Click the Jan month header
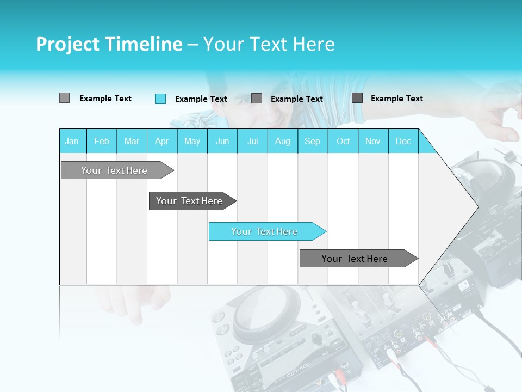[72, 141]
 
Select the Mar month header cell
[132, 141]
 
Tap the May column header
[192, 141]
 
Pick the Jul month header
[252, 141]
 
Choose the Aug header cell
[283, 141]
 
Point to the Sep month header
[313, 141]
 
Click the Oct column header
[343, 141]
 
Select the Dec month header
[403, 141]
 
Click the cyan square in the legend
[160, 99]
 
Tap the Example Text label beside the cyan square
[201, 99]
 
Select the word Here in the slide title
[314, 44]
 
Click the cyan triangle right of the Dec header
[426, 145]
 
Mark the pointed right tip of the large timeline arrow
[477, 206]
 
